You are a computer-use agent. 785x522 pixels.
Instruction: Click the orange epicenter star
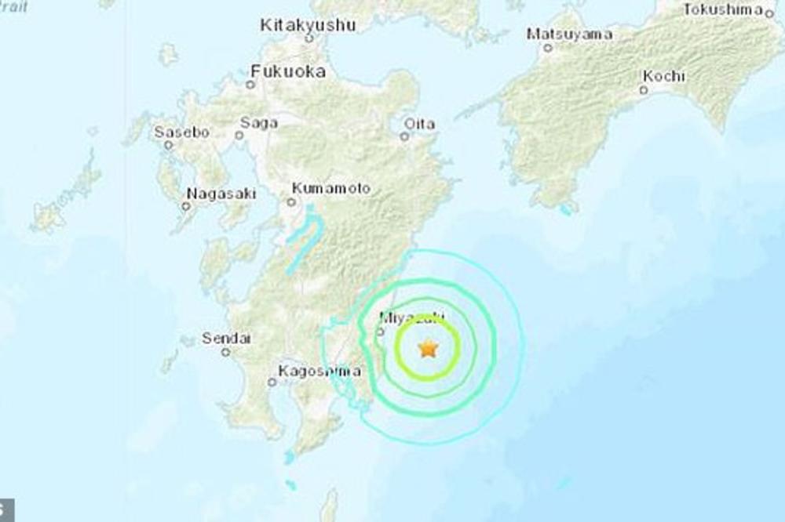(x=428, y=347)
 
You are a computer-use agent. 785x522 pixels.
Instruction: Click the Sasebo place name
(x=181, y=132)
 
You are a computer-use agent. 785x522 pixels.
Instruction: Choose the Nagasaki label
(x=219, y=194)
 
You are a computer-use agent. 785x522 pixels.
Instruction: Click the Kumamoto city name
(x=330, y=188)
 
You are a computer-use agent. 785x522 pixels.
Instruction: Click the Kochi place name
(x=663, y=76)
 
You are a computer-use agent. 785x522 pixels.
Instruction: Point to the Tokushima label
(x=723, y=9)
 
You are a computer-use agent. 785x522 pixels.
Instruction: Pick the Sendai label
(x=226, y=339)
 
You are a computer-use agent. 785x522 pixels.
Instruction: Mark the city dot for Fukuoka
(x=250, y=84)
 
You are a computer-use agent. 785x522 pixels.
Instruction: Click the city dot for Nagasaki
(x=186, y=207)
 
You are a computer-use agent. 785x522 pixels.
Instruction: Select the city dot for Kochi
(x=643, y=90)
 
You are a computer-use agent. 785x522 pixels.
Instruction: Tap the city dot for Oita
(x=404, y=136)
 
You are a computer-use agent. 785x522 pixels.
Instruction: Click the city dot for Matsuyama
(x=548, y=47)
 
